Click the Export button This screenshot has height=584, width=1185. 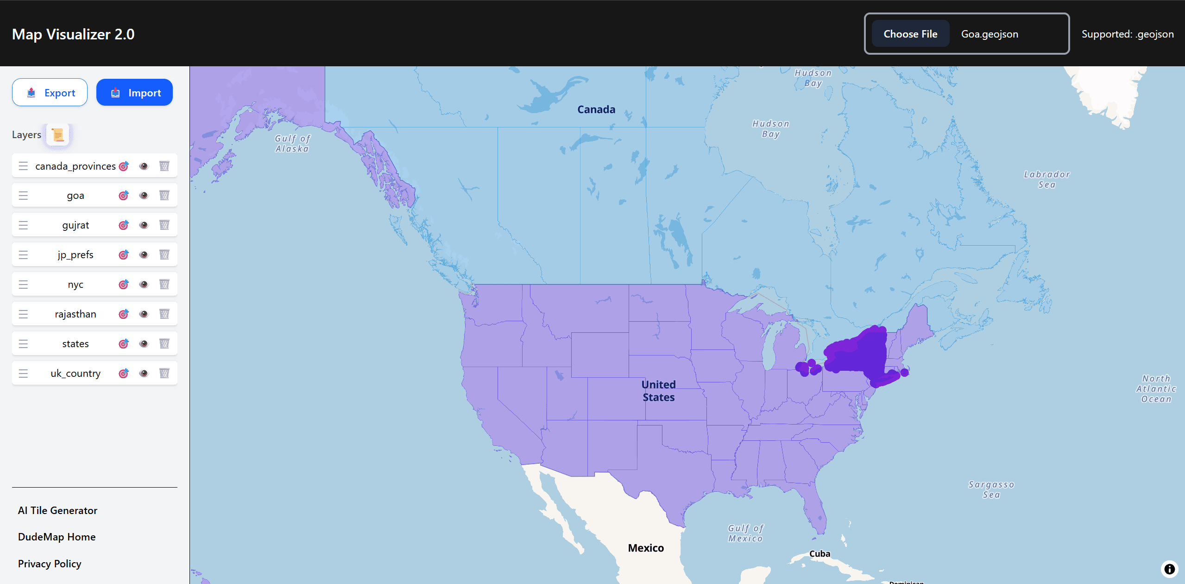[50, 93]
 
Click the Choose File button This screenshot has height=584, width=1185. [910, 34]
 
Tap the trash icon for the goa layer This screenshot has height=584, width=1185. [164, 195]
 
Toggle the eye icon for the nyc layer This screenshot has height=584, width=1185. [144, 284]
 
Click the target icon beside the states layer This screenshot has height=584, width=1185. [123, 343]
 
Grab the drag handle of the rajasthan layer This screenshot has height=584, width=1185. [23, 314]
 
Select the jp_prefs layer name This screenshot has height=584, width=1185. [76, 254]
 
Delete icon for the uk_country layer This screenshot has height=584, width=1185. [164, 373]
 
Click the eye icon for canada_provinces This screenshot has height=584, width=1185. [144, 166]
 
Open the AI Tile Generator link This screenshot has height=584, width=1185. [57, 510]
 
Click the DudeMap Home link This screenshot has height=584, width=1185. [57, 537]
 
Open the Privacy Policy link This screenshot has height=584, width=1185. [50, 564]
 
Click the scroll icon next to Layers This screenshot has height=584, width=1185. [58, 134]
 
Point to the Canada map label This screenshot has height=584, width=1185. [596, 109]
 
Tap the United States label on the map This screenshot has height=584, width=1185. [658, 391]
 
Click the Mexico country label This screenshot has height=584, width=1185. [646, 548]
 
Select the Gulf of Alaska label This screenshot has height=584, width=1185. [292, 143]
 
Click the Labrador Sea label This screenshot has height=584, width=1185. [1046, 179]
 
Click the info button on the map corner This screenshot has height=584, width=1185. [1169, 569]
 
